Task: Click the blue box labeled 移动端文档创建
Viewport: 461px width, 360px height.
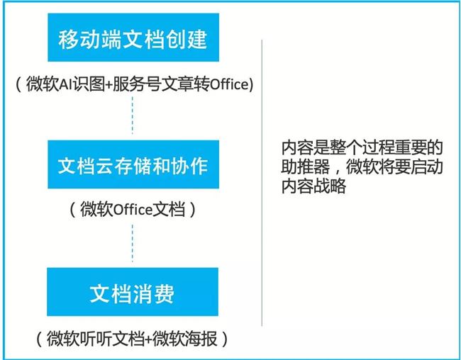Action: point(133,38)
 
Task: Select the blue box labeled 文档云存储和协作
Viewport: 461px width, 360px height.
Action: point(133,164)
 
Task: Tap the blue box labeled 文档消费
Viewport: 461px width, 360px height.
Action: point(133,292)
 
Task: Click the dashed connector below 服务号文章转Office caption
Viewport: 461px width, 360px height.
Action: point(133,116)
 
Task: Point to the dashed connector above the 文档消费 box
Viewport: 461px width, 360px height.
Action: point(133,243)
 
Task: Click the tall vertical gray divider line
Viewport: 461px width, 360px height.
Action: point(262,183)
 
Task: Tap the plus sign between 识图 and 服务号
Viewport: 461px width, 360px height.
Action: point(109,85)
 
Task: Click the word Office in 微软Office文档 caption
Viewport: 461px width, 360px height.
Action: point(133,210)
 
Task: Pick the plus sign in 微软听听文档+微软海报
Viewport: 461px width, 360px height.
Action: point(148,339)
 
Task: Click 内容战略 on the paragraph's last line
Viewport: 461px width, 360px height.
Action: point(313,186)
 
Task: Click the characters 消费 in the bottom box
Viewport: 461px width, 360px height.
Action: point(153,293)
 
